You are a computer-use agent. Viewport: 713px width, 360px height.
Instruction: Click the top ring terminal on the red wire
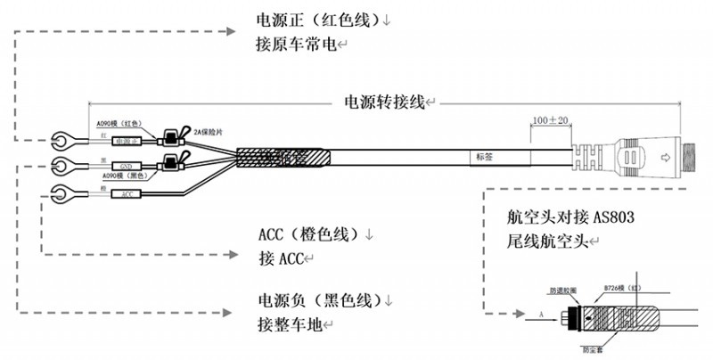point(63,139)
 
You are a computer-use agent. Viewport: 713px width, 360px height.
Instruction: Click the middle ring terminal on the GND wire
point(63,164)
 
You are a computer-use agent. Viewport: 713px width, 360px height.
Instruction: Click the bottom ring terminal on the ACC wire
point(63,192)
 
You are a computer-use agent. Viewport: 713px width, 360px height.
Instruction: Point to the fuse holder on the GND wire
point(170,162)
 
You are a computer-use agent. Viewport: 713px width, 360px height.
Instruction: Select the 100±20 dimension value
point(550,119)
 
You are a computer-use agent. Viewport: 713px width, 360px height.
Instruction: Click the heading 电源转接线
point(384,102)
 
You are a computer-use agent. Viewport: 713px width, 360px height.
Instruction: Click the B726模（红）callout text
point(623,289)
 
